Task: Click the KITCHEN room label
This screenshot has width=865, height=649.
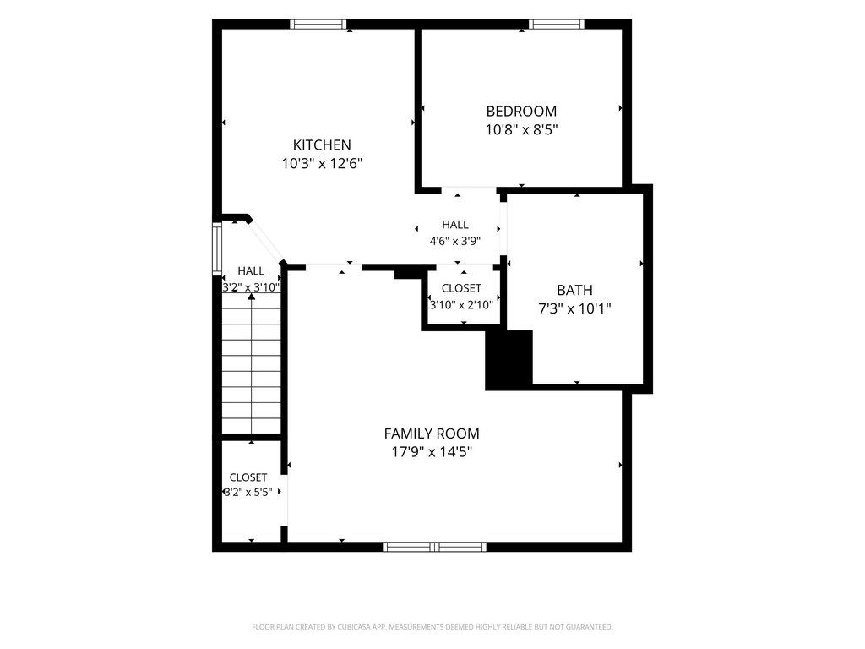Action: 322,145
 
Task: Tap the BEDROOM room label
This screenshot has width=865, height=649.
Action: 521,112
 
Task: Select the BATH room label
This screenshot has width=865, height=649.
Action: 574,291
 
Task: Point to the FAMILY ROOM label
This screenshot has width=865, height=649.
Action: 432,434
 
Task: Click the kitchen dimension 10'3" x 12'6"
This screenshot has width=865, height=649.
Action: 322,164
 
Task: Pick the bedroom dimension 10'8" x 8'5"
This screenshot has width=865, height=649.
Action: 522,130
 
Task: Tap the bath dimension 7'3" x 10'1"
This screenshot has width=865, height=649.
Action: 574,308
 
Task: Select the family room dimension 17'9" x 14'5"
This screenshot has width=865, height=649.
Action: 432,453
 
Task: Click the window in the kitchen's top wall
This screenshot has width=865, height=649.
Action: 318,25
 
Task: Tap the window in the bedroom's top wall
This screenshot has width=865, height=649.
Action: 556,25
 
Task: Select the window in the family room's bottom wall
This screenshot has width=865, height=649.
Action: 435,547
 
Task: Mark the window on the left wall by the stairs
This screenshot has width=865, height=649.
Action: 217,249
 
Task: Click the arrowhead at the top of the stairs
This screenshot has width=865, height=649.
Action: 252,297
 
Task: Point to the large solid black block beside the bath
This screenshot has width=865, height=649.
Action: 509,360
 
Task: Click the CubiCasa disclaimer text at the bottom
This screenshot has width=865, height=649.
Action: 432,627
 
